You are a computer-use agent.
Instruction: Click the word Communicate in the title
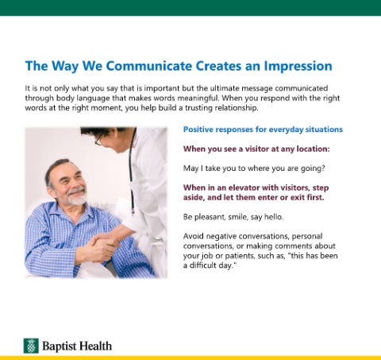click(x=148, y=66)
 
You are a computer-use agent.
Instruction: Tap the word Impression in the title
click(x=298, y=67)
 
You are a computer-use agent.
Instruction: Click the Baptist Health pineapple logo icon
click(x=31, y=346)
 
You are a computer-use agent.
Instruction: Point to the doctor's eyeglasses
click(x=98, y=140)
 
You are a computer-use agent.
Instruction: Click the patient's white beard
click(x=76, y=197)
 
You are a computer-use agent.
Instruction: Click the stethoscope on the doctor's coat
click(x=132, y=172)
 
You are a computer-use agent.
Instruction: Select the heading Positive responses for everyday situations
click(x=263, y=130)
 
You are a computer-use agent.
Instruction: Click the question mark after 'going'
click(x=323, y=168)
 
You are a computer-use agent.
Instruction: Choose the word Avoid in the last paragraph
click(x=194, y=236)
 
